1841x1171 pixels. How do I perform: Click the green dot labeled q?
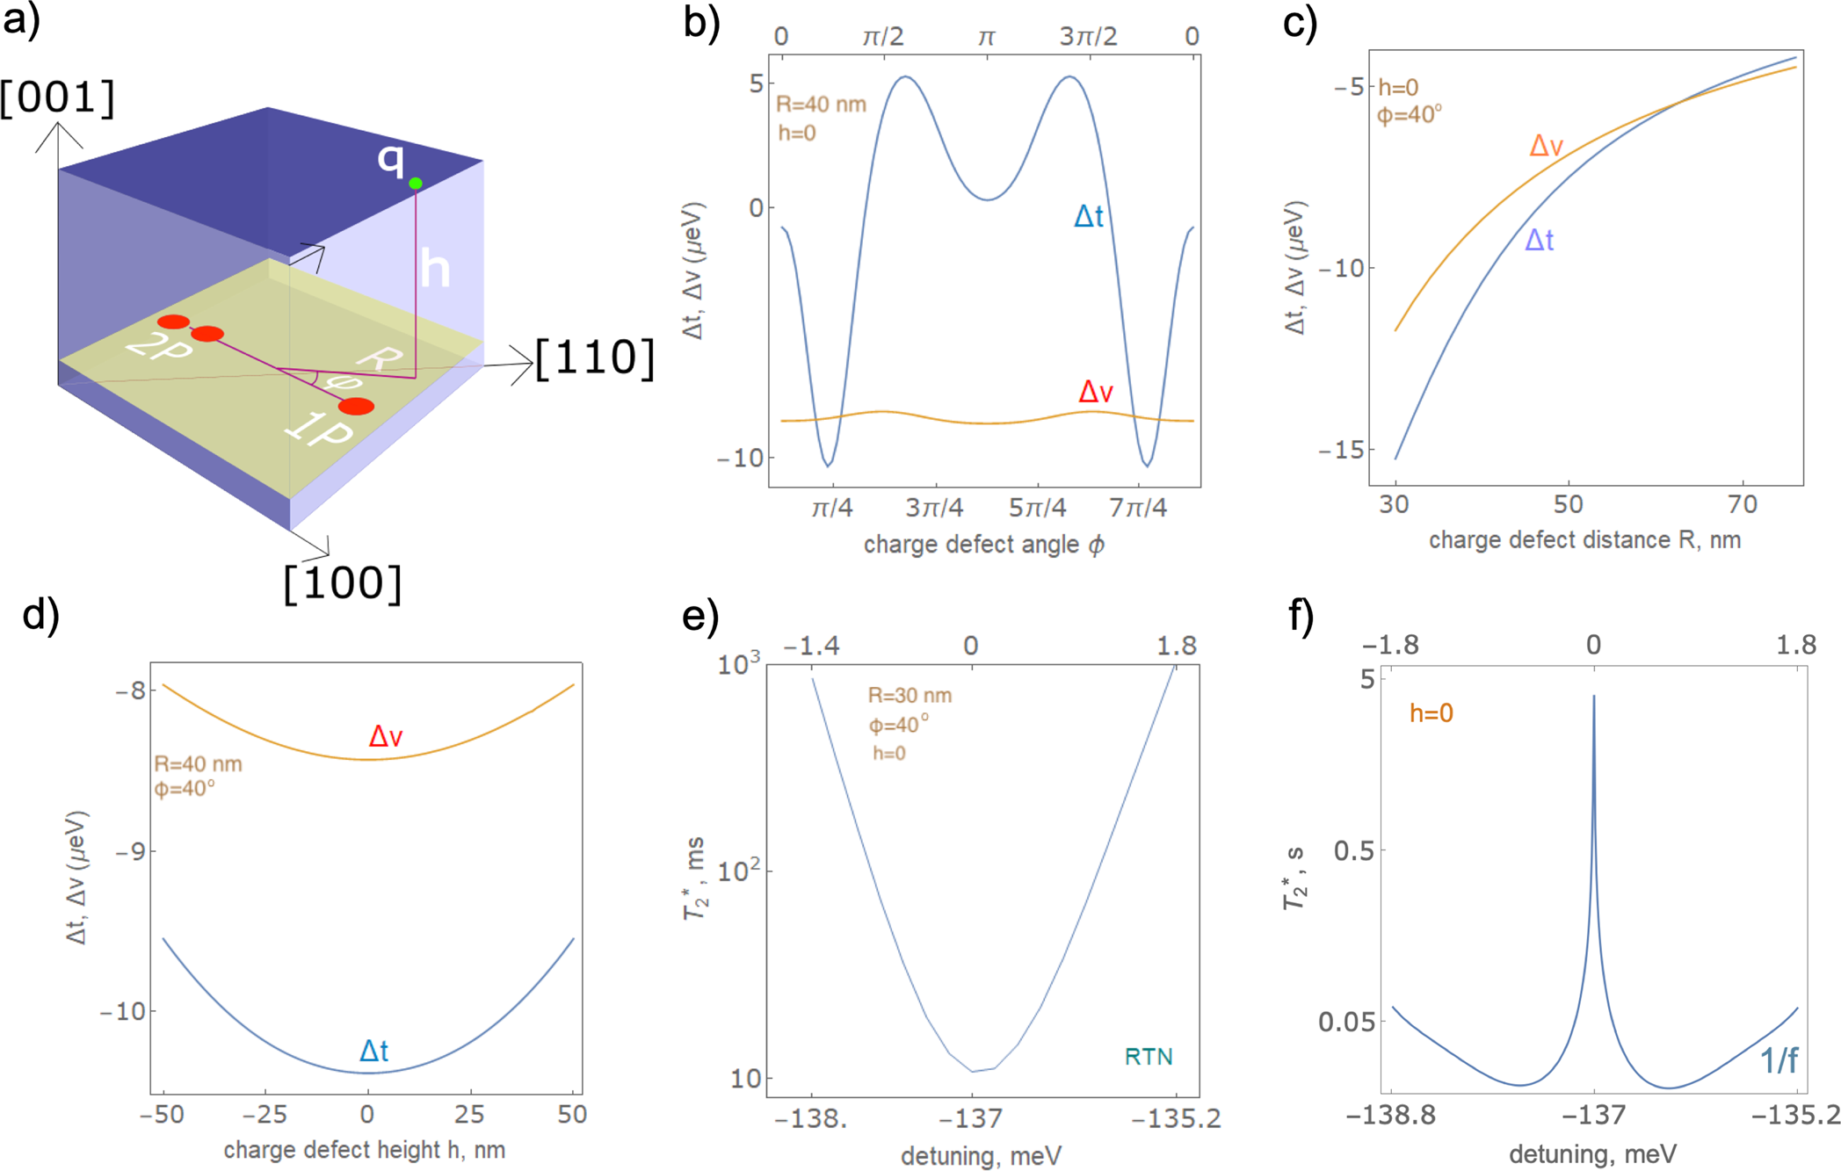click(x=416, y=183)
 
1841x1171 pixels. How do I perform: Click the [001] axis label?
click(x=58, y=98)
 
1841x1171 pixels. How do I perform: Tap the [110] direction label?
click(x=595, y=358)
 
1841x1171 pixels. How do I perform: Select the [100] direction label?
click(x=343, y=583)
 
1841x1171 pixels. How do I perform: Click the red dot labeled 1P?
click(x=356, y=406)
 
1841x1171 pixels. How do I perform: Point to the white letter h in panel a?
click(x=435, y=268)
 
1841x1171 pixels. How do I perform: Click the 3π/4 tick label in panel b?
click(x=934, y=508)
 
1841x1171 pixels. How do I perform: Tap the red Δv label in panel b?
click(x=1096, y=392)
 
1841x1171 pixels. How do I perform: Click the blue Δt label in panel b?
click(x=1088, y=216)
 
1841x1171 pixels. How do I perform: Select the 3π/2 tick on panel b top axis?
click(x=1088, y=37)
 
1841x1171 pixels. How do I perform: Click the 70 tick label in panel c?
click(x=1742, y=504)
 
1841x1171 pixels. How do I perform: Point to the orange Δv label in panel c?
click(x=1546, y=146)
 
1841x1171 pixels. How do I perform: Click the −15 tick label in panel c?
click(x=1341, y=450)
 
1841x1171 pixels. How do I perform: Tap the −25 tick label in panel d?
click(x=265, y=1115)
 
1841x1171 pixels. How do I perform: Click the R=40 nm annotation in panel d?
click(x=198, y=764)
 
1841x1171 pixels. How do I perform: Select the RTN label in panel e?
click(x=1149, y=1057)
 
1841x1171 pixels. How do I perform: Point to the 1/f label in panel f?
click(x=1779, y=1061)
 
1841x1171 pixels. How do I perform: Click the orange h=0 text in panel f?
click(x=1431, y=713)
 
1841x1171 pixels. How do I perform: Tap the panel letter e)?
click(x=700, y=617)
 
